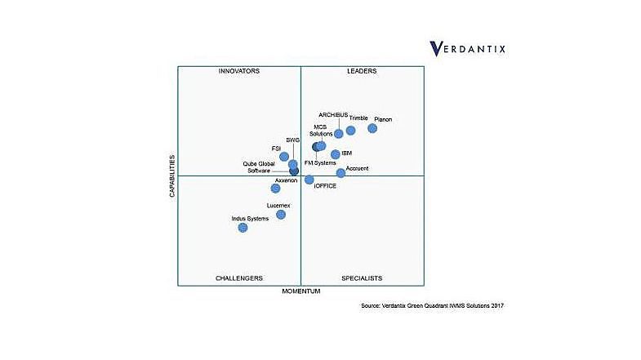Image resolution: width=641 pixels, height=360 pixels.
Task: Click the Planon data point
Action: pyautogui.click(x=372, y=128)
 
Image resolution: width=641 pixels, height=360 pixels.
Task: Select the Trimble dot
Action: pyautogui.click(x=351, y=131)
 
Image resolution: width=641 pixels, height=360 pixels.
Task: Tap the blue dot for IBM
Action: pyautogui.click(x=336, y=154)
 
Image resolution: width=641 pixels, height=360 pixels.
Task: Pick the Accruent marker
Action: pyautogui.click(x=341, y=173)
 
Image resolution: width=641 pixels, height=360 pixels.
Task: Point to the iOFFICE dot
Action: pyautogui.click(x=309, y=180)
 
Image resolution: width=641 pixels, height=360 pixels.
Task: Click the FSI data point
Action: pyautogui.click(x=284, y=157)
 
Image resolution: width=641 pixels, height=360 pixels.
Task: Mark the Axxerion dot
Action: pyautogui.click(x=276, y=189)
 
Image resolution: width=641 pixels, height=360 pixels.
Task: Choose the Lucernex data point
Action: pyautogui.click(x=281, y=215)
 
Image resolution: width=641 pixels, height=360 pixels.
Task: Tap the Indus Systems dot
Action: pyautogui.click(x=243, y=228)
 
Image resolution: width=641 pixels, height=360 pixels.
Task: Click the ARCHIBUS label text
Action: pyautogui.click(x=333, y=114)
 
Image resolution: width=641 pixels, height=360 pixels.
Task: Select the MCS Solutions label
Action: pyautogui.click(x=322, y=131)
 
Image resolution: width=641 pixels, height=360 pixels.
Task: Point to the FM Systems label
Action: pyautogui.click(x=320, y=163)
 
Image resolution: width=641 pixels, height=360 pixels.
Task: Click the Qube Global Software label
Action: pyautogui.click(x=259, y=167)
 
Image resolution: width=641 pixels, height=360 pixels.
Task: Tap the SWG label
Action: pyautogui.click(x=293, y=140)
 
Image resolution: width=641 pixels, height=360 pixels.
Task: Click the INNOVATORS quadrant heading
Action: pyautogui.click(x=239, y=72)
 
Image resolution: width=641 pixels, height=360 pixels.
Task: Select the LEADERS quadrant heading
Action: pyautogui.click(x=362, y=72)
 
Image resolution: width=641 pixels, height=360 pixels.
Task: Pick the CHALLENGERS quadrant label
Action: pyautogui.click(x=239, y=278)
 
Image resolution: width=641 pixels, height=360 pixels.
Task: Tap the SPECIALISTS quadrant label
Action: pyautogui.click(x=362, y=278)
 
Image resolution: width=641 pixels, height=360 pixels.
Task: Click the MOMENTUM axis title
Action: pyautogui.click(x=301, y=291)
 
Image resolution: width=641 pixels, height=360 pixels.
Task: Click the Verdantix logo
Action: pyautogui.click(x=468, y=48)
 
